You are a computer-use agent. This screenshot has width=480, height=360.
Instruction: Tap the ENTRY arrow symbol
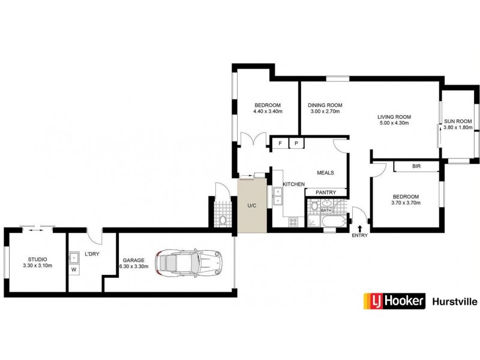[360, 228]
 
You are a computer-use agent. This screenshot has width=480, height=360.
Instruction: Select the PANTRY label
[326, 193]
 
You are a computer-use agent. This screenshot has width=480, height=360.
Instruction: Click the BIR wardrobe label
[416, 166]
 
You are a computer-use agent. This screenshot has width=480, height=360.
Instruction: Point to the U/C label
[252, 206]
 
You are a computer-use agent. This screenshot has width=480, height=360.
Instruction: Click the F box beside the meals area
[280, 143]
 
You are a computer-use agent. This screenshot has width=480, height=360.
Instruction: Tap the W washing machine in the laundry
[74, 269]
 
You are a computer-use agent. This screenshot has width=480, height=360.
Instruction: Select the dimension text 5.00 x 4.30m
[394, 123]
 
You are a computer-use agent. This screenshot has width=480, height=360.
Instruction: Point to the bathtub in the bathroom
[329, 221]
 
